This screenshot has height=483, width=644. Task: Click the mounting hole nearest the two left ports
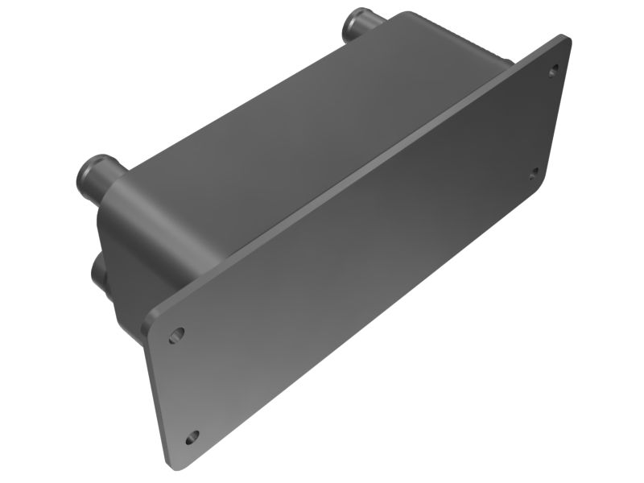point(178,333)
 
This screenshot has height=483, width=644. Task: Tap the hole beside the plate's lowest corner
point(192,437)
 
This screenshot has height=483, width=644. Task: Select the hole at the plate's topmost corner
point(554,70)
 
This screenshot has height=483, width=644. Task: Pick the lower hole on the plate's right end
point(534,172)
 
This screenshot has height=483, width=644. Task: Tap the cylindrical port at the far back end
point(360,25)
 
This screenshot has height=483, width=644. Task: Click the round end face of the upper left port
point(91,169)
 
